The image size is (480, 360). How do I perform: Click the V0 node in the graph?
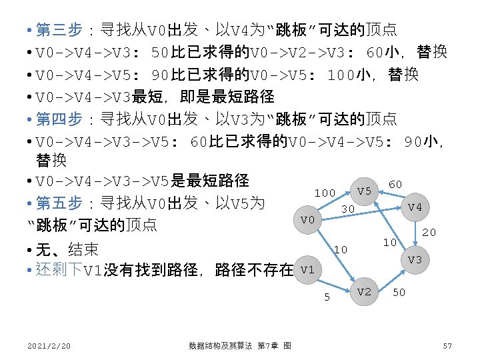[307, 219]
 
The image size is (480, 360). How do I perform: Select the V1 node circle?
[307, 270]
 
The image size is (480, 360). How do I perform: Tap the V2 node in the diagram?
[364, 291]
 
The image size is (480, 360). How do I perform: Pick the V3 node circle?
[415, 259]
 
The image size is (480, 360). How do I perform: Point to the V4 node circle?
[415, 207]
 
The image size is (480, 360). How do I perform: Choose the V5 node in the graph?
[364, 191]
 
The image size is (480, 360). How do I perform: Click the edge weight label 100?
[325, 193]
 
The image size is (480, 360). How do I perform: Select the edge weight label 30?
[347, 209]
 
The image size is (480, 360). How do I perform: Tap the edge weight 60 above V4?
[395, 184]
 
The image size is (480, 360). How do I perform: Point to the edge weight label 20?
[429, 233]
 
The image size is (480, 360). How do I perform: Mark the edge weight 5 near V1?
[327, 297]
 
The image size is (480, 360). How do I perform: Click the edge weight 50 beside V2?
[399, 293]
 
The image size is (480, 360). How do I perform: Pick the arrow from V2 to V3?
[390, 275]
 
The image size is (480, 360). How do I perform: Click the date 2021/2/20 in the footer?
[50, 345]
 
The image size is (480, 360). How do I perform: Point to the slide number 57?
[447, 345]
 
